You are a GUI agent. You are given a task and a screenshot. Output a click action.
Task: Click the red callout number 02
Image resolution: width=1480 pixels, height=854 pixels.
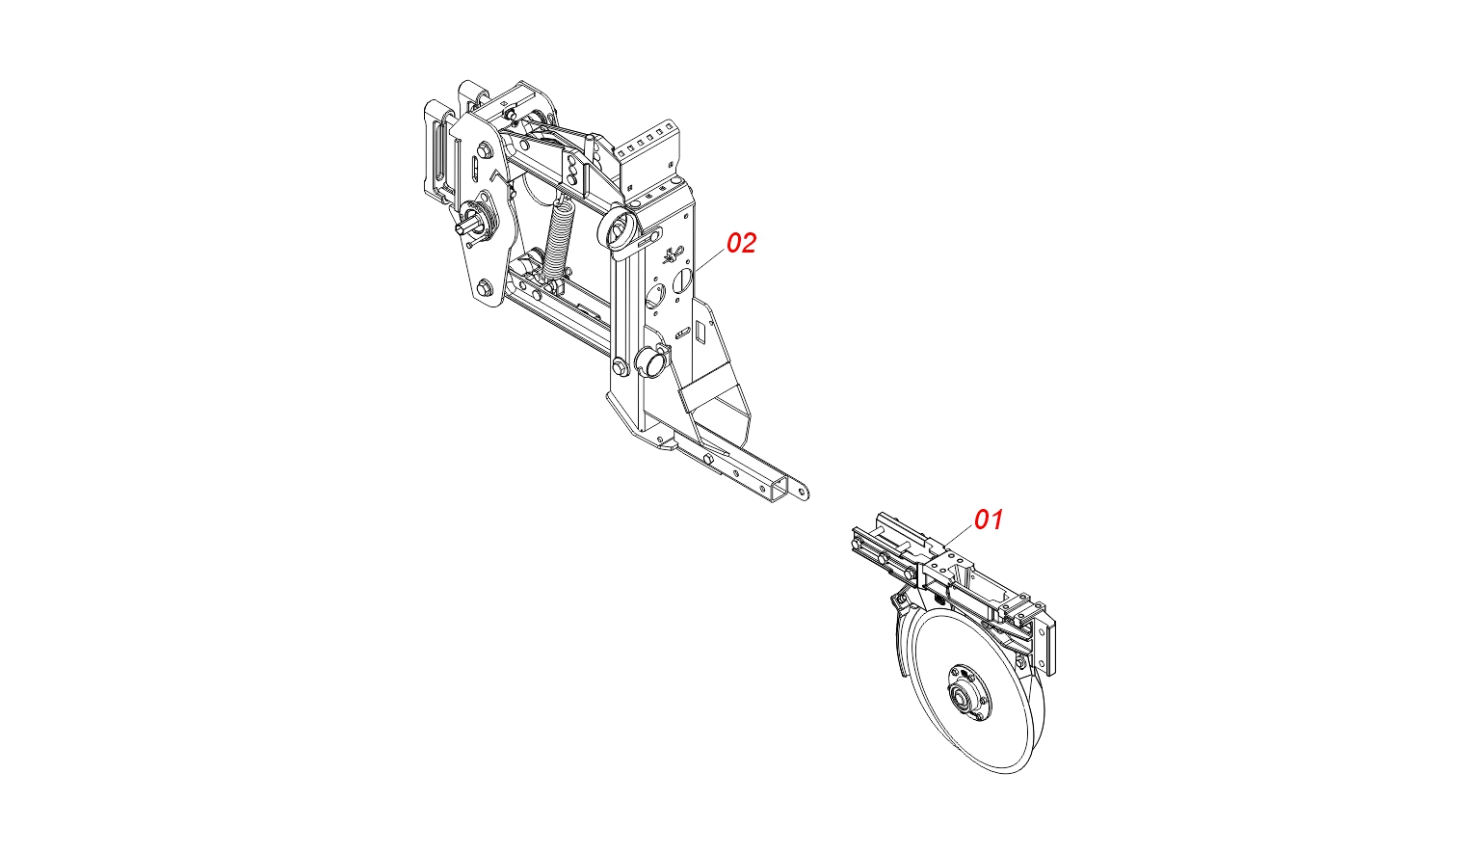[741, 243]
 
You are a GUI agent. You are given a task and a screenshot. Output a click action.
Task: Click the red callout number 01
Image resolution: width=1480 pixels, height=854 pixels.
[989, 520]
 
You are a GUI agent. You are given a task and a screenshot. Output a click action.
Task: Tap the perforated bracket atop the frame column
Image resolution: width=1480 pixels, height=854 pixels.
[647, 155]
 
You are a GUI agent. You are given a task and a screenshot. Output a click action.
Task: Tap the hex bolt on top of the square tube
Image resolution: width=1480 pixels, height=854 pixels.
[709, 458]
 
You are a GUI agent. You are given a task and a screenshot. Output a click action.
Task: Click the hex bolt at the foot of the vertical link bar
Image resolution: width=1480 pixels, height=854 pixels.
[621, 365]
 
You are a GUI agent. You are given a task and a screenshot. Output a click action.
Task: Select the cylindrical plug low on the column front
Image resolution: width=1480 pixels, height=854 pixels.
[650, 362]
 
